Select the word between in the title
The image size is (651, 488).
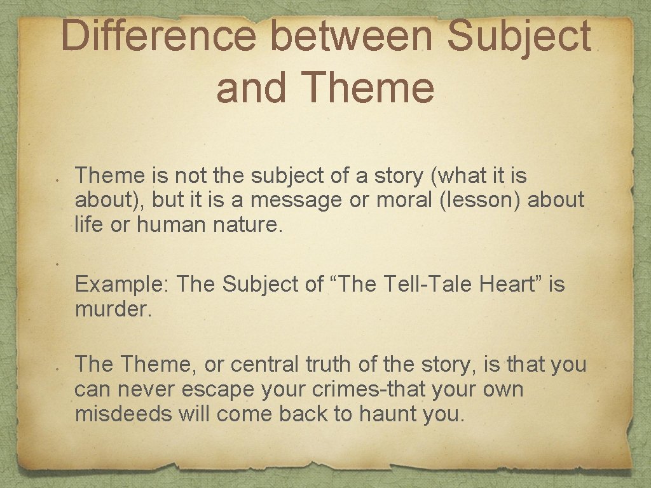352,36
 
